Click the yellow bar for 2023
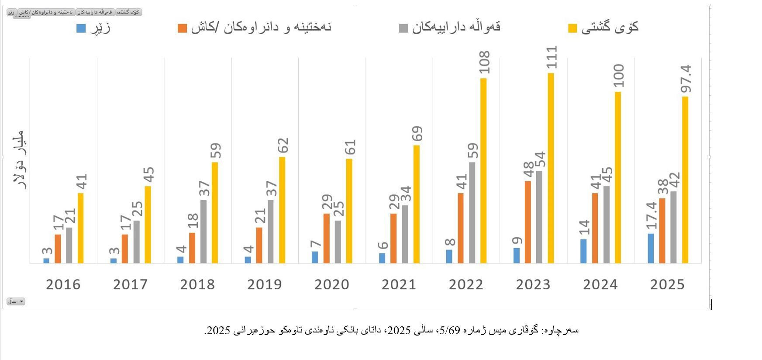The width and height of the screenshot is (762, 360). (551, 168)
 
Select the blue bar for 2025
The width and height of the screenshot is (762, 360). (651, 249)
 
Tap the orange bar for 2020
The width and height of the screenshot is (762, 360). (326, 239)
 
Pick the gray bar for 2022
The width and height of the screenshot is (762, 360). (472, 213)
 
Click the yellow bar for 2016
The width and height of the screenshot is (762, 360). (80, 228)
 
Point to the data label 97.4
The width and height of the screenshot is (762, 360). (686, 79)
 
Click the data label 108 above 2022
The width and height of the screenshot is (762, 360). (484, 62)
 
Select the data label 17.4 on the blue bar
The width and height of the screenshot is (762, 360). (651, 215)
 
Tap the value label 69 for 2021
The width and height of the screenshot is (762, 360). (417, 133)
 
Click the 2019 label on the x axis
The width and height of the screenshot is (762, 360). (265, 284)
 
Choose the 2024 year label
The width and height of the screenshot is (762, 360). (600, 284)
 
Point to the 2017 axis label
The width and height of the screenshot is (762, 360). (130, 284)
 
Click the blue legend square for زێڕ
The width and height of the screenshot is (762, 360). (81, 28)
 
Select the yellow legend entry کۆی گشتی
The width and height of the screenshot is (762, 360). (610, 27)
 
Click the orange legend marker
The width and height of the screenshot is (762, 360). (182, 28)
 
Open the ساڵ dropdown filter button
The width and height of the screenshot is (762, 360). (16, 301)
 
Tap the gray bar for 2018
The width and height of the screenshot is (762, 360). (203, 232)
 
